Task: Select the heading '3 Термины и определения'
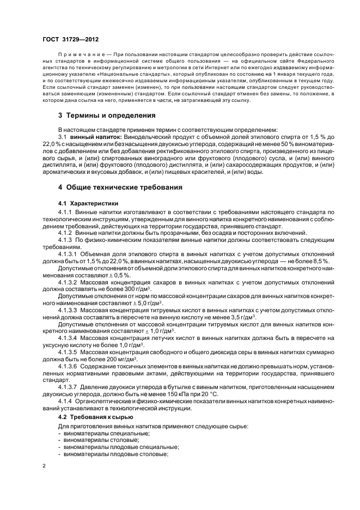pos(107,116)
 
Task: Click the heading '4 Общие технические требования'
pos(120,187)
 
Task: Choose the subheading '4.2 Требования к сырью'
pos(91,417)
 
